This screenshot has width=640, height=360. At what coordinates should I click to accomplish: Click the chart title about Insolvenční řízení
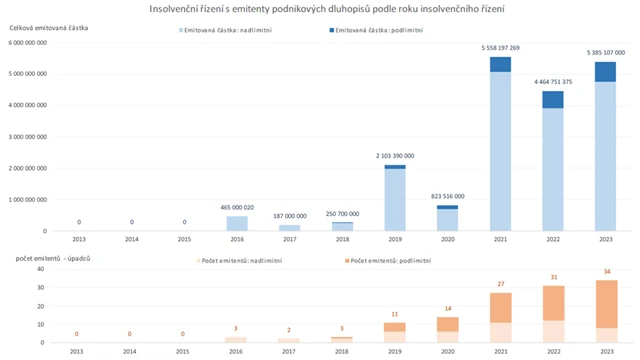[326, 9]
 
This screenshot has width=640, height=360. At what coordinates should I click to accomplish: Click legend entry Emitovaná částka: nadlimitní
[227, 31]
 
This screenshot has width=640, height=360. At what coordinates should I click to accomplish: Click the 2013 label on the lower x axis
[79, 352]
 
